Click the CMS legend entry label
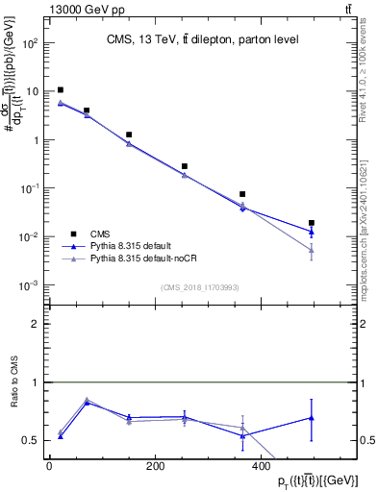pos(100,234)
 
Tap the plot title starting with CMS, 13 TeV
pos(202,39)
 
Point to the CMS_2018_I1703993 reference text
pos(200,287)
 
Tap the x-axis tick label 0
pos(49,467)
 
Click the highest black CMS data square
pos(61,89)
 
